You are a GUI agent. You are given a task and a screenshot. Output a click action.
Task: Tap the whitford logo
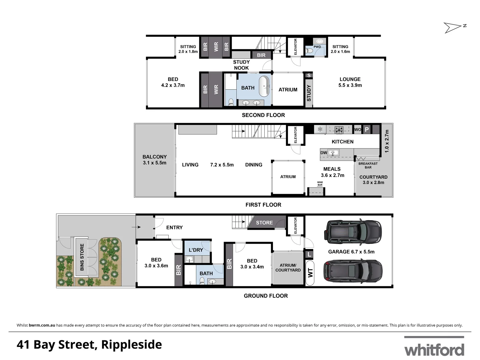434,349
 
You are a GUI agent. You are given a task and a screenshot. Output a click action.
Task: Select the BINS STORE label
82,257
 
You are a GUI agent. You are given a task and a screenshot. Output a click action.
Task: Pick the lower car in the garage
353,271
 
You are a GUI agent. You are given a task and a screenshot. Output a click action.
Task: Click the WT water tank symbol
310,273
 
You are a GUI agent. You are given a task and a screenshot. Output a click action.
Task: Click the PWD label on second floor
317,47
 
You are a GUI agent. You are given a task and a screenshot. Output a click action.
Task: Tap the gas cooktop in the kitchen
339,130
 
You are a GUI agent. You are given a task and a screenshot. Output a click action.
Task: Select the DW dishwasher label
324,153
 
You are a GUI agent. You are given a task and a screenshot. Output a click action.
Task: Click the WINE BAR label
320,184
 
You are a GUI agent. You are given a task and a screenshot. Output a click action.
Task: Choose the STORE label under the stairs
264,223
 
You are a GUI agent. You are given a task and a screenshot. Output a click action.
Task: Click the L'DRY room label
196,250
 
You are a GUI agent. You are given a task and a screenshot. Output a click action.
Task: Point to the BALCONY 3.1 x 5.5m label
154,160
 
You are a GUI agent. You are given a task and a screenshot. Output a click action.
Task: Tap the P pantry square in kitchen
367,129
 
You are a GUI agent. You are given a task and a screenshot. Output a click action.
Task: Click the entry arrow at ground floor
136,227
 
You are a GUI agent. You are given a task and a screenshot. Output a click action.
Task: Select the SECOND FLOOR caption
263,115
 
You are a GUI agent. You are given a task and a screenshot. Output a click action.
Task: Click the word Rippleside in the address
131,345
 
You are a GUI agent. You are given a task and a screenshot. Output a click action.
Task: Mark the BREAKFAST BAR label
368,165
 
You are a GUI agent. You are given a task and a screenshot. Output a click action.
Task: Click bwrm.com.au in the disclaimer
42,325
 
